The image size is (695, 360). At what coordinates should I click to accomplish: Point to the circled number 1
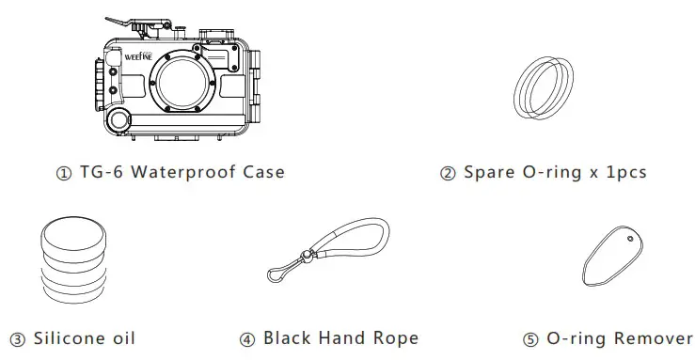point(63,173)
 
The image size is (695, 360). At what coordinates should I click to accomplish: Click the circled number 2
point(448,173)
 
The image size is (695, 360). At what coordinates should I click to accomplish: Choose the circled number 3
point(16,338)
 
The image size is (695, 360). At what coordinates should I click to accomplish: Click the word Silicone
point(68,337)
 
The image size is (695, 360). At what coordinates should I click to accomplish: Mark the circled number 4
point(247,338)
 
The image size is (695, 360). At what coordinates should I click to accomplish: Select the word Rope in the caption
point(395,337)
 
